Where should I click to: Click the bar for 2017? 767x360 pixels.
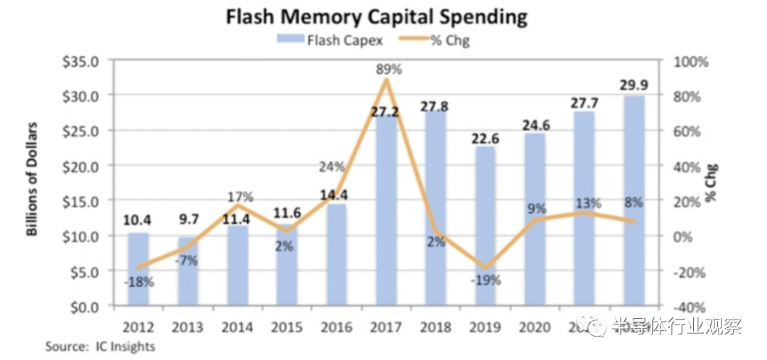point(386,213)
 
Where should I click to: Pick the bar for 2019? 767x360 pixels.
point(485,227)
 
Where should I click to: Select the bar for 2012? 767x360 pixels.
point(138,270)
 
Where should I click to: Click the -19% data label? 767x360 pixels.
point(486,280)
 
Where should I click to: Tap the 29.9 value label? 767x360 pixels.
point(634,86)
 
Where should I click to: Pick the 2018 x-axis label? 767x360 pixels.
point(435,327)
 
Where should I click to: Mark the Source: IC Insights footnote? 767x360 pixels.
point(100,347)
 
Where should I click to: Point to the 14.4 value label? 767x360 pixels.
point(337,195)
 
